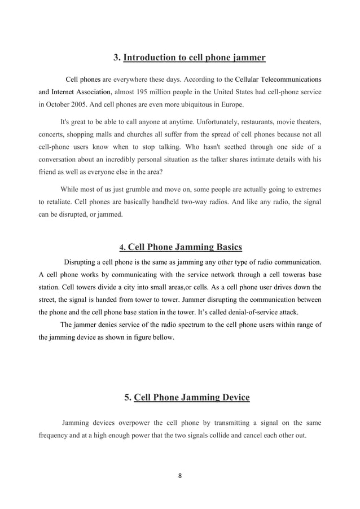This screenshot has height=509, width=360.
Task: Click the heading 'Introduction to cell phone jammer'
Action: point(194,58)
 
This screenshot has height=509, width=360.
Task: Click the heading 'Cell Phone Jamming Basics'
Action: point(186,247)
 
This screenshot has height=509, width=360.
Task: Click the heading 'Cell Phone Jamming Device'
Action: point(192,397)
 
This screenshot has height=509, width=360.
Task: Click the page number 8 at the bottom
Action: point(180,476)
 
